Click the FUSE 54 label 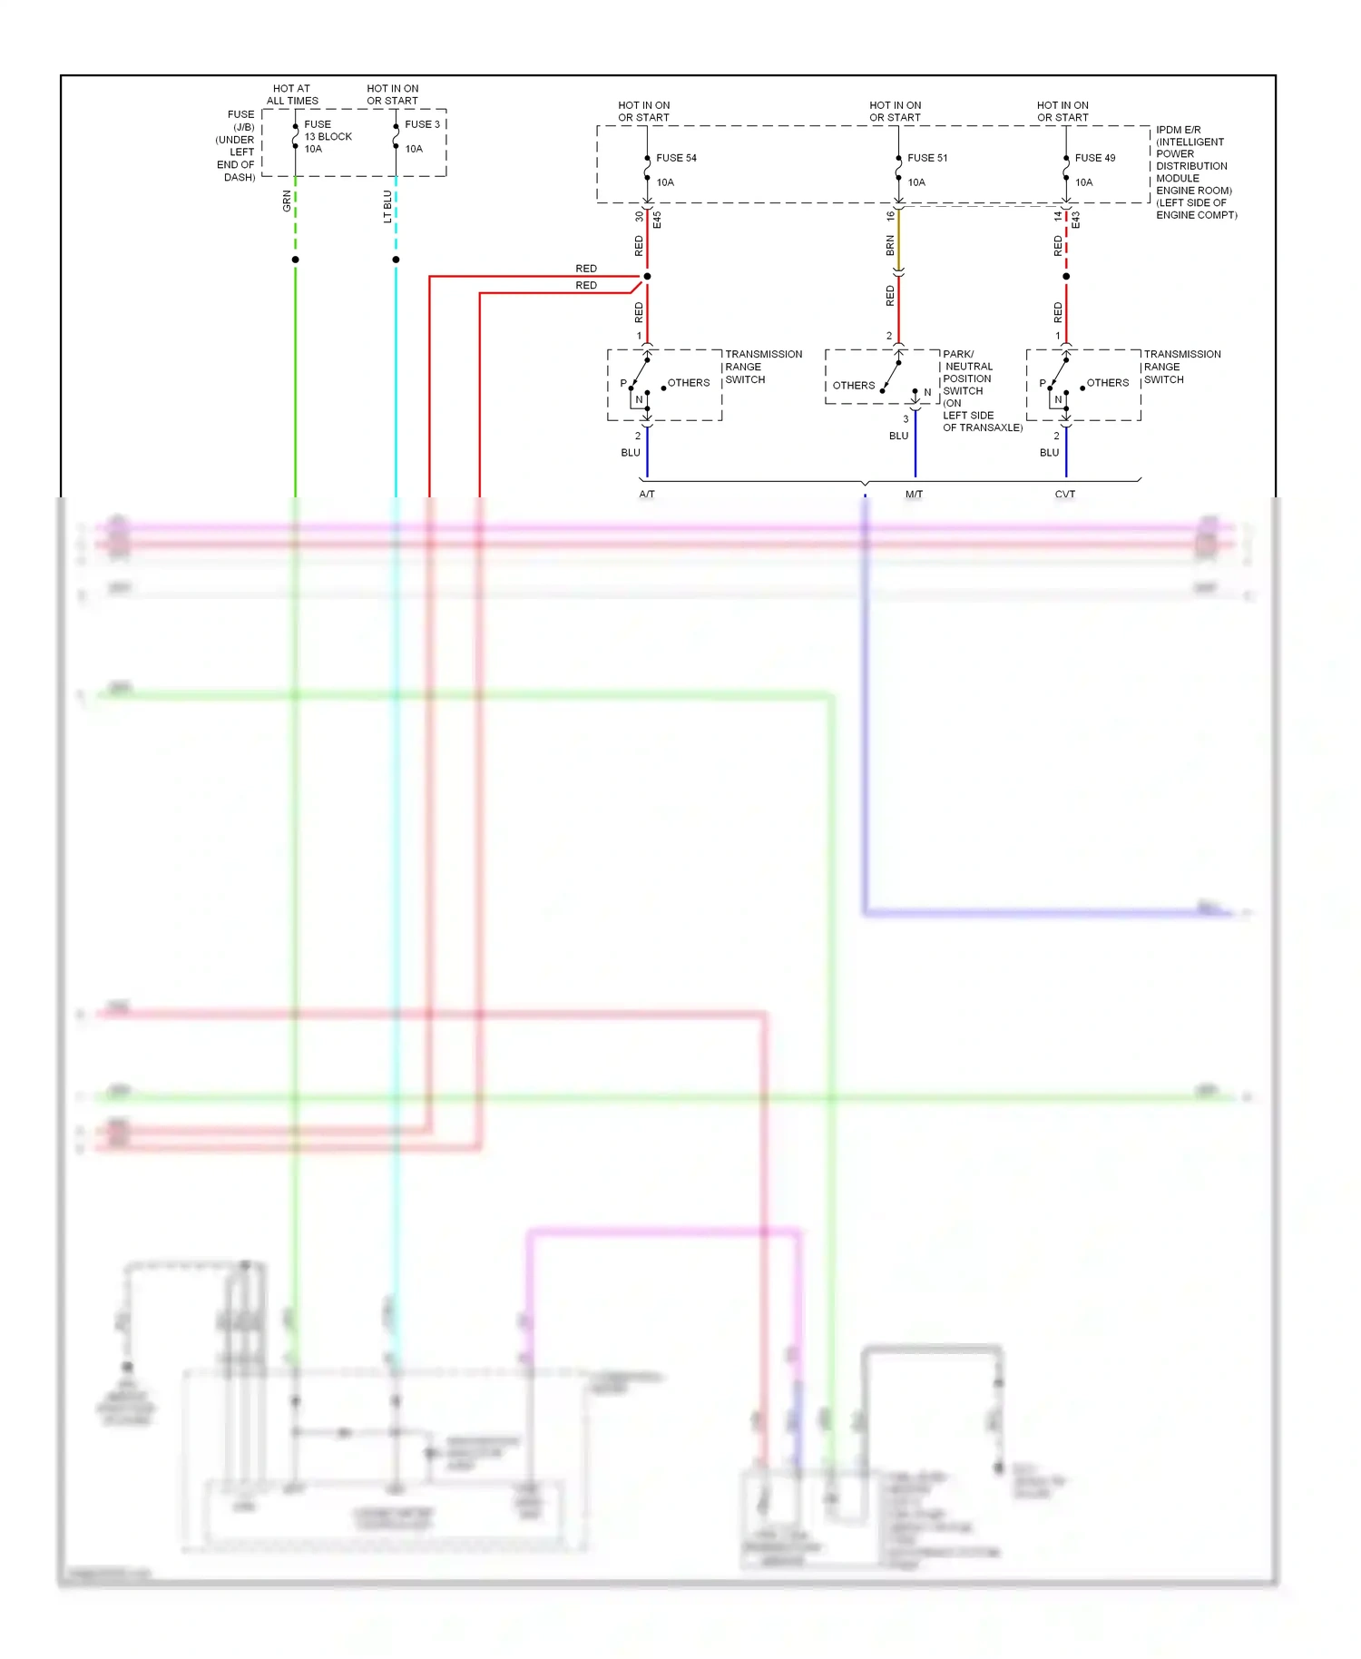676,158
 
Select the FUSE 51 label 927,158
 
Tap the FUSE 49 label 1094,158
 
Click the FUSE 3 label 422,124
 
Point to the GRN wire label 287,201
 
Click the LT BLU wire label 387,207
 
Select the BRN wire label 890,245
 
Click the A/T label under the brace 647,495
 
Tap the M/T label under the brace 914,495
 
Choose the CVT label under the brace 1065,495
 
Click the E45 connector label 657,220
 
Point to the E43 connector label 1076,220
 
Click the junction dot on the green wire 295,260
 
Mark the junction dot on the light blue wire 396,260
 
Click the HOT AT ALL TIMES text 292,95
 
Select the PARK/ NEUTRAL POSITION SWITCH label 968,373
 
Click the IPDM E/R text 1178,130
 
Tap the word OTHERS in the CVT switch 1108,383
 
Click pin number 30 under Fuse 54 639,217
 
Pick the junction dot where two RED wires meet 647,276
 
